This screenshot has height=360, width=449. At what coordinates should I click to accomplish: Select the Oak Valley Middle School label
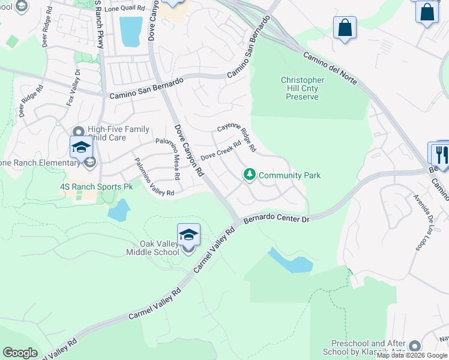pos(159,248)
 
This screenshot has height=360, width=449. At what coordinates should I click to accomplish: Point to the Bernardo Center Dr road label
pos(277,219)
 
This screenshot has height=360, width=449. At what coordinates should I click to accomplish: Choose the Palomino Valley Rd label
pos(154,178)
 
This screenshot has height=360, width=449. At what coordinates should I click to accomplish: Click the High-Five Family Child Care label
pos(119,133)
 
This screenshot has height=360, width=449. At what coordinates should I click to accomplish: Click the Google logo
pos(20,353)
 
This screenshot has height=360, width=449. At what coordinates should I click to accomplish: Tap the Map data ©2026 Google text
pos(412,356)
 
